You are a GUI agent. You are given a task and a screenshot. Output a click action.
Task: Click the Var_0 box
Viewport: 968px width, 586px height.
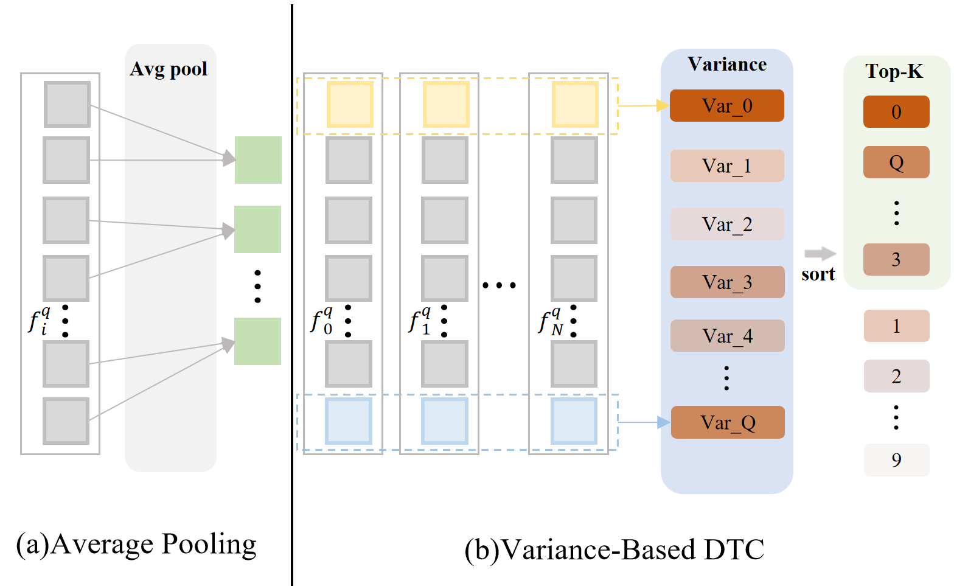click(x=726, y=106)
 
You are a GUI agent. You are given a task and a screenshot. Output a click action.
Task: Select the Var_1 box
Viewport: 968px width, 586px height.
click(x=726, y=166)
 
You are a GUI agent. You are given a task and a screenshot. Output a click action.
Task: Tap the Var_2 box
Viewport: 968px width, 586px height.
click(x=726, y=224)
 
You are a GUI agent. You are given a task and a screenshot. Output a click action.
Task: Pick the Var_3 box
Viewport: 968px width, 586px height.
click(x=726, y=282)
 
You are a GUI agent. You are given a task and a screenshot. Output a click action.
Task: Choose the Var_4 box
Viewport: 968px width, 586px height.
click(x=726, y=335)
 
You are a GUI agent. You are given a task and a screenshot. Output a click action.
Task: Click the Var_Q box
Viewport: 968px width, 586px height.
click(x=727, y=422)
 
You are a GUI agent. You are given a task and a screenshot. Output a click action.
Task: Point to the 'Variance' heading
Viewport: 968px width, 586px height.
click(x=727, y=65)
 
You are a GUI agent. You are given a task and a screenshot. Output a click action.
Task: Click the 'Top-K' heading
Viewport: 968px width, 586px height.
click(x=894, y=72)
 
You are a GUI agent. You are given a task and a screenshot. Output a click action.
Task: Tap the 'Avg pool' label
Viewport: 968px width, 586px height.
click(x=169, y=69)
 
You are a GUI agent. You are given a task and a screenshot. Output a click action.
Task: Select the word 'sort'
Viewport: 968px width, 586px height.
click(x=818, y=274)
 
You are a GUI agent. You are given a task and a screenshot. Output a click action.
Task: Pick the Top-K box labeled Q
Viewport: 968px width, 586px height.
click(x=896, y=162)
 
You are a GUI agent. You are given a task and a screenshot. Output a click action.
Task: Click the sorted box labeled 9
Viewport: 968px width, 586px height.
click(x=896, y=460)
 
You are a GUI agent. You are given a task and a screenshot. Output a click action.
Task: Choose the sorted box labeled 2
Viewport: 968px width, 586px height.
click(x=896, y=376)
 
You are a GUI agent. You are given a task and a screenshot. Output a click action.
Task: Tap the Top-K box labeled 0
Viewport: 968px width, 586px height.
click(x=896, y=112)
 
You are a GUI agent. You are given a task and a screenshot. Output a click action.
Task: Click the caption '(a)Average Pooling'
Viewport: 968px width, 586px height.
click(x=136, y=544)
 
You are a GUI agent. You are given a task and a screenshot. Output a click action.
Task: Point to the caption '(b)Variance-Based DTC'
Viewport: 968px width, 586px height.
click(x=614, y=549)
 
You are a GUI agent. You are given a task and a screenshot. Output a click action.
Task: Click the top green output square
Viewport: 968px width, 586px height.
click(x=258, y=160)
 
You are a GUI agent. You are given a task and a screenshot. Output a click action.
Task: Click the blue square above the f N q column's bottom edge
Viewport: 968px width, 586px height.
click(x=574, y=421)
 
